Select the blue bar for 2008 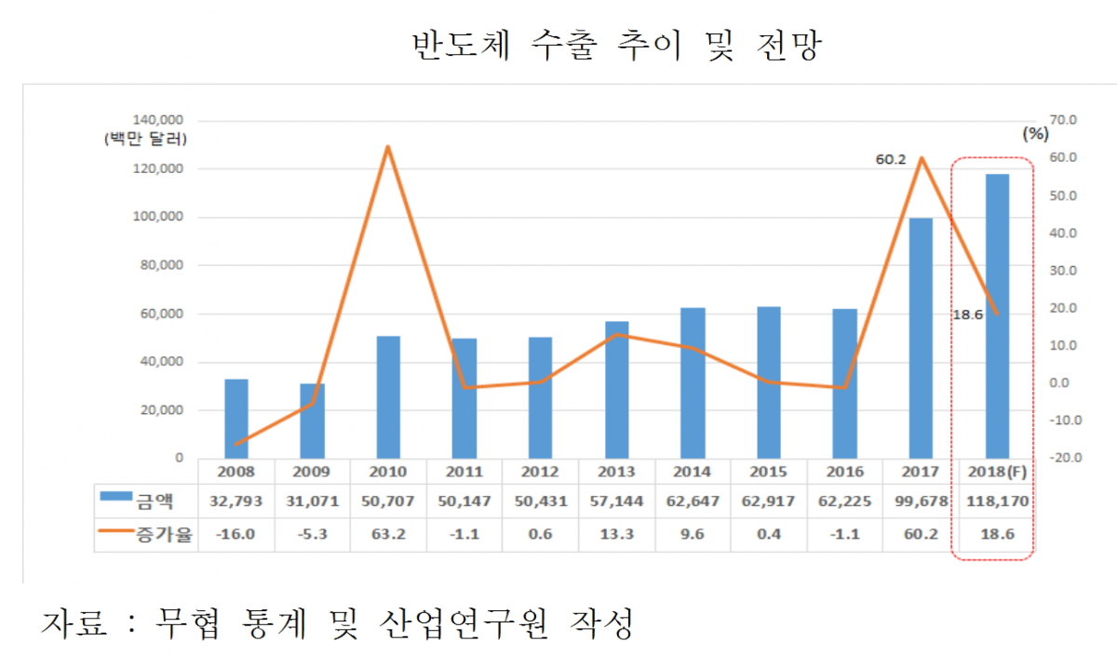[x=236, y=419]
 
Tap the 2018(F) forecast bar [x=997, y=316]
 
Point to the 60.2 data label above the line [x=891, y=160]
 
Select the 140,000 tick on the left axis [x=159, y=121]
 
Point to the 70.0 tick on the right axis [x=1062, y=120]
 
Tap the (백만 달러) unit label [x=146, y=140]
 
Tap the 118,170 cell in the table [x=996, y=501]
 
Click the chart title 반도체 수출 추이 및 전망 [x=615, y=45]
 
